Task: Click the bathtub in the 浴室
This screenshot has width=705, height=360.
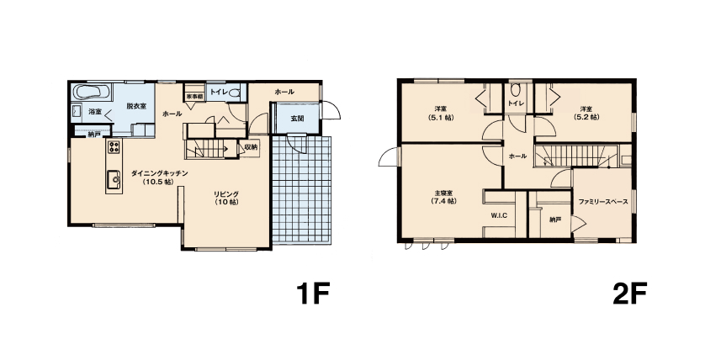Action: click(x=92, y=93)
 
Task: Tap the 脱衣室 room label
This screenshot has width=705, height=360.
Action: click(x=135, y=106)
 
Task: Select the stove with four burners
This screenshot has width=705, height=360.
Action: click(x=114, y=146)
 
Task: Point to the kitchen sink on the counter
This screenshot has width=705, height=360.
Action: click(x=114, y=180)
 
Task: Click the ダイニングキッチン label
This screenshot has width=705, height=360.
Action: click(x=159, y=173)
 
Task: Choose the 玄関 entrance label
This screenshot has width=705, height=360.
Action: click(x=297, y=119)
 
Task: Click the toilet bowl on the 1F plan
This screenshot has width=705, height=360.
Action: click(x=234, y=93)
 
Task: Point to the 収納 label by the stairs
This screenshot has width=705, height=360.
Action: click(x=252, y=147)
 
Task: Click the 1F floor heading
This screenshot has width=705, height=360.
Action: click(x=313, y=293)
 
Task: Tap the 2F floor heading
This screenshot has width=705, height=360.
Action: click(x=629, y=293)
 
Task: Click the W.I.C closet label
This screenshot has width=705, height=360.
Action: click(x=499, y=215)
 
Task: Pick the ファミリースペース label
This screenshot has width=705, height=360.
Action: click(x=603, y=202)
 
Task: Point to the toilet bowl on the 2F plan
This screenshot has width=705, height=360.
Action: click(x=515, y=90)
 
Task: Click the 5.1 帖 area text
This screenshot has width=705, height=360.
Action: click(x=441, y=117)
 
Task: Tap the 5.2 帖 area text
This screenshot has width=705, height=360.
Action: click(x=586, y=117)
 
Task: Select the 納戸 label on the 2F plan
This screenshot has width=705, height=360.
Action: click(x=555, y=220)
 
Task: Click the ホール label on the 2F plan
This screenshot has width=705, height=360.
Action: click(x=517, y=156)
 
